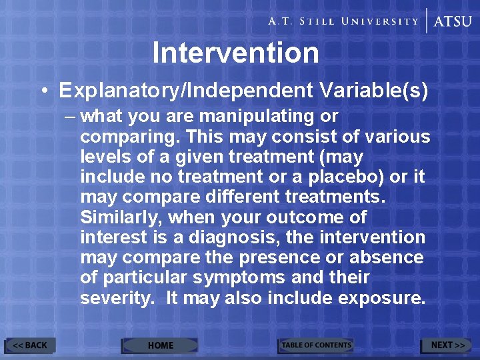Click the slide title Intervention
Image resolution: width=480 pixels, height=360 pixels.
235,53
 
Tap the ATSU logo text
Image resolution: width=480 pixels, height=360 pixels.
453,21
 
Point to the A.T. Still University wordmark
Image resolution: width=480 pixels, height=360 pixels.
343,21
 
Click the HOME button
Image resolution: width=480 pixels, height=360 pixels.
160,345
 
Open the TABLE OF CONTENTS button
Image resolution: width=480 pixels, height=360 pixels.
316,345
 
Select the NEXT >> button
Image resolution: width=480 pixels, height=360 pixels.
447,345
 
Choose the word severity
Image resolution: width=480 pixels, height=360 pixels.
116,298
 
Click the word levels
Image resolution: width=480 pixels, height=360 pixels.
104,157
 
